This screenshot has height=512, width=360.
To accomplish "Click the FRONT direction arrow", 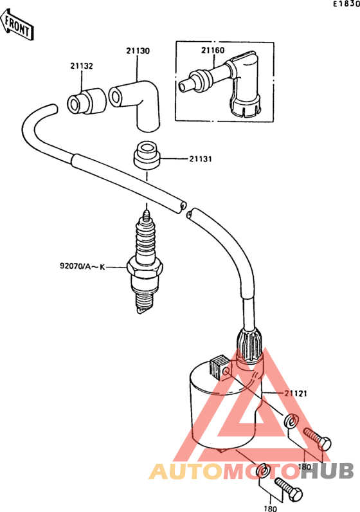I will [x=18, y=26].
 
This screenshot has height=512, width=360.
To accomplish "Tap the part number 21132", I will [x=82, y=66].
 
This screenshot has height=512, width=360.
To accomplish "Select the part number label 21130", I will [x=138, y=50].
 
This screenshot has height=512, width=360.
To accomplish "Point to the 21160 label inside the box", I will [x=213, y=50].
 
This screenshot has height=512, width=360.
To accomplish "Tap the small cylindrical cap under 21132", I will [x=85, y=100].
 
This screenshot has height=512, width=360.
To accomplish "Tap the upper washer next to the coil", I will [x=291, y=422].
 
